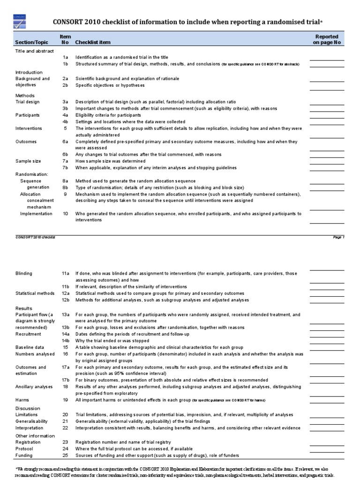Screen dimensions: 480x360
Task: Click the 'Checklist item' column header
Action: [x=93, y=43]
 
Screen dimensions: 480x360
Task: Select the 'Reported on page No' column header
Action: [x=327, y=39]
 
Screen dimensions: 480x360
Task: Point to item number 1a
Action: [x=66, y=57]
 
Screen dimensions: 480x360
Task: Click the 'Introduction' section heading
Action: [x=29, y=72]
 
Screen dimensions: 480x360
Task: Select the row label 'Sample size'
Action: [x=28, y=161]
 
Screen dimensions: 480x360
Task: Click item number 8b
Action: [x=66, y=187]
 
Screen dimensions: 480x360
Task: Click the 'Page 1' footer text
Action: [x=338, y=237]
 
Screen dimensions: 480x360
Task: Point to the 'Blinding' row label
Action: [x=24, y=273]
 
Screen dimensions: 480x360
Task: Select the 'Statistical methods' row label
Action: [x=35, y=293]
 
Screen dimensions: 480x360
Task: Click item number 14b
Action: [x=66, y=341]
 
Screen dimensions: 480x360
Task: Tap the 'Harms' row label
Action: [x=22, y=400]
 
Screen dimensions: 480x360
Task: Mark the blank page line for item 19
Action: [x=327, y=402]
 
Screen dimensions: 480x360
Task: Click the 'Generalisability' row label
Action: [x=32, y=421]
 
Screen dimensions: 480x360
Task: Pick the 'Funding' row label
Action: [x=24, y=456]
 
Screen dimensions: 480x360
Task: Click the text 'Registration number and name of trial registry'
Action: [x=123, y=442]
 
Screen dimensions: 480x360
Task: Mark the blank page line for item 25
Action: [x=327, y=457]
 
